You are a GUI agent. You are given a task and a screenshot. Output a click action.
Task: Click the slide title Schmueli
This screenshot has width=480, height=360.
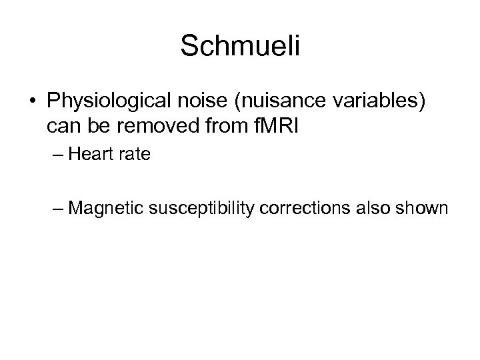pos(241,46)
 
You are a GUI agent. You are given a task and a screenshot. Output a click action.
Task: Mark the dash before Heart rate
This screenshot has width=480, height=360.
pos(57,156)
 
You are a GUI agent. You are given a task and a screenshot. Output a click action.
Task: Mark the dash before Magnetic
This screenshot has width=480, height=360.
pos(57,209)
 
